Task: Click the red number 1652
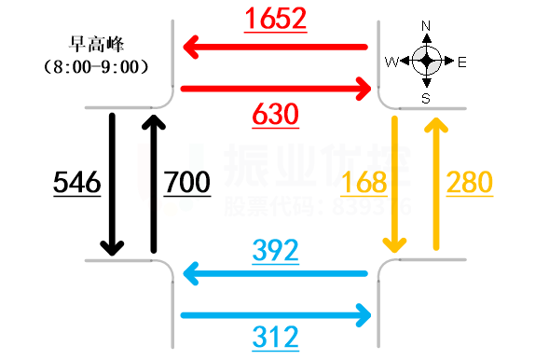pyautogui.click(x=275, y=20)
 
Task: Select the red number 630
pyautogui.click(x=275, y=116)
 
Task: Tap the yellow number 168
pyautogui.click(x=364, y=183)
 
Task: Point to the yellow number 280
pyautogui.click(x=469, y=183)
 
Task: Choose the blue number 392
pyautogui.click(x=275, y=250)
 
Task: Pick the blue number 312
pyautogui.click(x=275, y=337)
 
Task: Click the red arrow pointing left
pyautogui.click(x=275, y=46)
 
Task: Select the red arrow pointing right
pyautogui.click(x=276, y=89)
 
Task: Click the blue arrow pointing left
pyautogui.click(x=275, y=273)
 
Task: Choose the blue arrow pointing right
pyautogui.click(x=276, y=314)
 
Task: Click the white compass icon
pyautogui.click(x=427, y=61)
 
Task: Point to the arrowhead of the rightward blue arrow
pyautogui.click(x=364, y=314)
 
